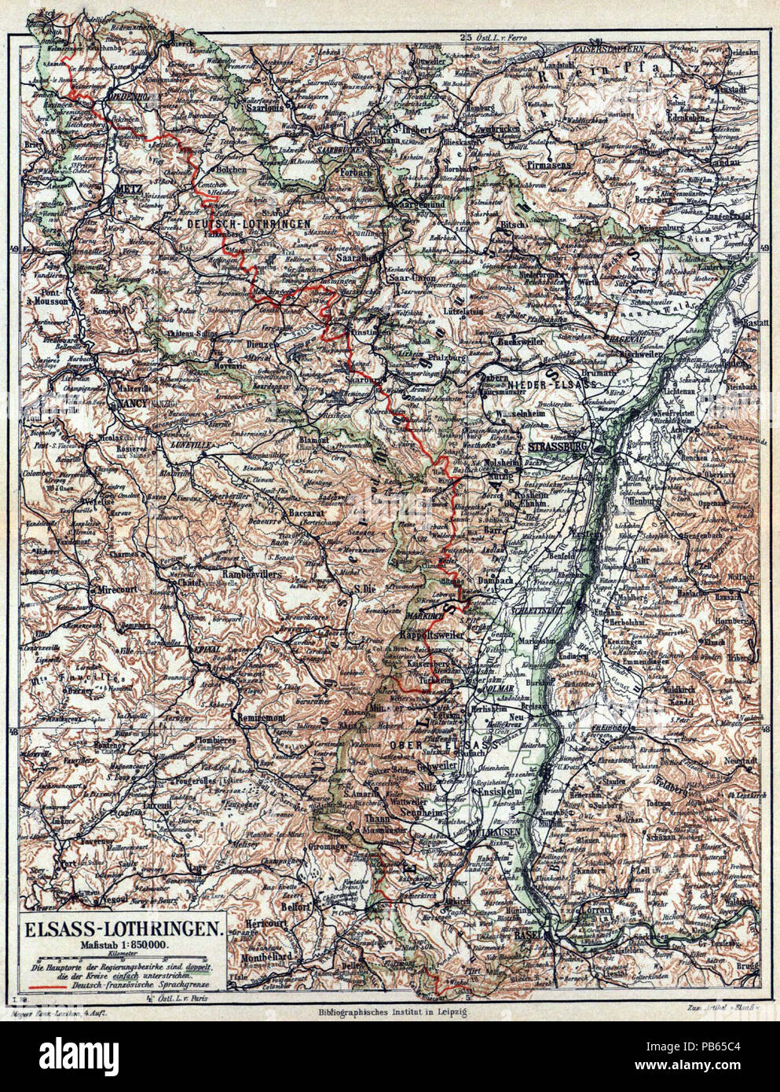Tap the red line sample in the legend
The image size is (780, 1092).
pyautogui.click(x=47, y=983)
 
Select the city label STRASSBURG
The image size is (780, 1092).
pyautogui.click(x=560, y=446)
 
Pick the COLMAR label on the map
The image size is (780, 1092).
pyautogui.click(x=499, y=689)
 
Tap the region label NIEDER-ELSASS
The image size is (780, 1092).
pyautogui.click(x=555, y=384)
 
